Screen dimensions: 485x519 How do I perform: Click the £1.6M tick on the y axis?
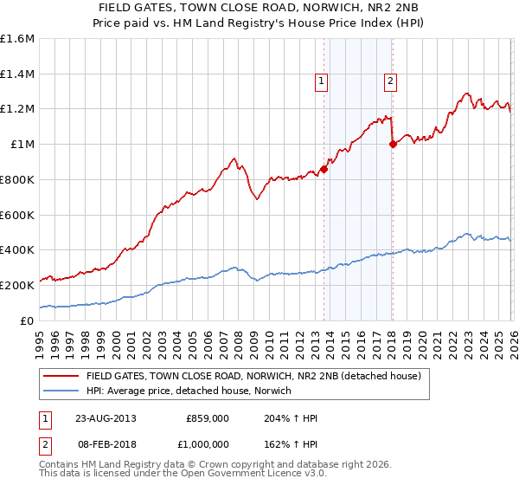tap(17, 39)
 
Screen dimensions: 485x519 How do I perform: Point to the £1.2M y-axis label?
tap(17, 109)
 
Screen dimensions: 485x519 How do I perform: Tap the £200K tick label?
tap(17, 285)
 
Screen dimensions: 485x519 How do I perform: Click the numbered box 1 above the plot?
tap(321, 81)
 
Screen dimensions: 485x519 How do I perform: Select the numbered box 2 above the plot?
tap(390, 81)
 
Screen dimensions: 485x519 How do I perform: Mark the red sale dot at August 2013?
tap(324, 169)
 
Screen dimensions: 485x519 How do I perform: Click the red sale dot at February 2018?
tap(393, 145)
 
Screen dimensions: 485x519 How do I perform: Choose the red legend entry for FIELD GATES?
tap(253, 377)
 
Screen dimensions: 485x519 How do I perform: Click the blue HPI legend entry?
tap(189, 391)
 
